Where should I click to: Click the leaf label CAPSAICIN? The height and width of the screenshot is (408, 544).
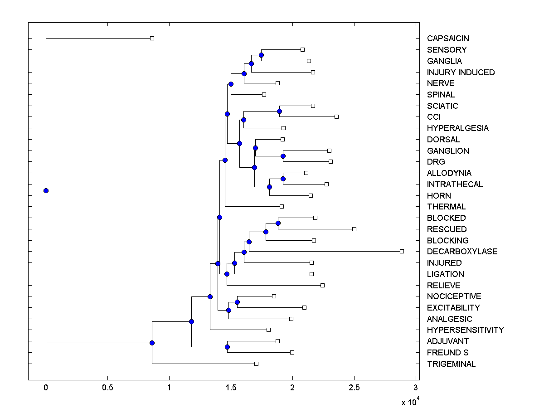click(448, 39)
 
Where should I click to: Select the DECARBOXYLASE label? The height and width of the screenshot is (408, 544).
click(462, 252)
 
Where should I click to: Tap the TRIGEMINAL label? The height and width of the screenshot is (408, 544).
click(451, 364)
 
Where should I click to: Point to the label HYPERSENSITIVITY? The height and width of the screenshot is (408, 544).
click(465, 330)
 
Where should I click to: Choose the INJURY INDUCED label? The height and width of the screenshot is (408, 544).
click(461, 73)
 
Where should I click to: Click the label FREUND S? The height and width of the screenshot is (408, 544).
click(447, 353)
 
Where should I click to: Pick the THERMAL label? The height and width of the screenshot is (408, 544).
click(446, 207)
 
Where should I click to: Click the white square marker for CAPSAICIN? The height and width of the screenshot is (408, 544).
click(152, 38)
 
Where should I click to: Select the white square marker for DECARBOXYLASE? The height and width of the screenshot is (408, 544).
click(402, 251)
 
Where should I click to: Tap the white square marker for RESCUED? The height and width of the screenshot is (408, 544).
click(355, 229)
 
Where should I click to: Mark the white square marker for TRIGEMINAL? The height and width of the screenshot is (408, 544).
click(256, 364)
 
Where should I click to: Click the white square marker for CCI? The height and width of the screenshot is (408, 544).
click(337, 117)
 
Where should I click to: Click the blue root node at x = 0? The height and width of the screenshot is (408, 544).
click(46, 190)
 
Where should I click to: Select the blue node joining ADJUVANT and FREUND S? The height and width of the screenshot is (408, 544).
click(227, 347)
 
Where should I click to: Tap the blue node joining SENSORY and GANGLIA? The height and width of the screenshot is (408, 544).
click(261, 55)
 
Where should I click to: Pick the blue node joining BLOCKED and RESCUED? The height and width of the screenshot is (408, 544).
click(278, 223)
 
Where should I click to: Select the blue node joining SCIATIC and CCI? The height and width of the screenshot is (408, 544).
click(280, 111)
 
